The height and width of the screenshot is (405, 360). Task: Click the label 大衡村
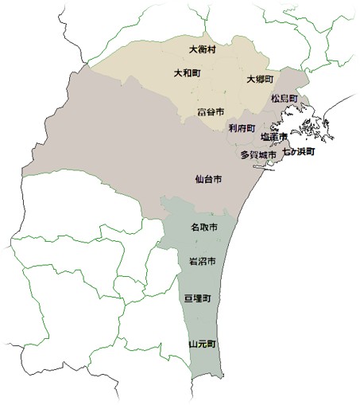click(x=203, y=50)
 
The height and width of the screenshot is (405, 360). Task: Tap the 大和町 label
click(x=188, y=73)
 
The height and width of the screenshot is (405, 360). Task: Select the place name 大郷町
click(x=260, y=80)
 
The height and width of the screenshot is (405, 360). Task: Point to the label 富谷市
click(x=211, y=111)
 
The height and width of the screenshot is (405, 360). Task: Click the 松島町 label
click(x=284, y=99)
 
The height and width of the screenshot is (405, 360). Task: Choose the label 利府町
click(x=241, y=127)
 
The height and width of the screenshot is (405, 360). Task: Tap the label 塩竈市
click(x=274, y=137)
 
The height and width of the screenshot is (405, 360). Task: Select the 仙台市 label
click(x=208, y=180)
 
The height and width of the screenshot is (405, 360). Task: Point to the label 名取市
click(x=204, y=228)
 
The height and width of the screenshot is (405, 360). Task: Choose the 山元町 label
click(x=202, y=345)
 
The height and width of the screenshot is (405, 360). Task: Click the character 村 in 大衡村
click(x=212, y=50)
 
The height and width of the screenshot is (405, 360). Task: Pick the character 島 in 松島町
click(x=284, y=99)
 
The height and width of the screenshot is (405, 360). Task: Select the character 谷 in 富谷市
click(x=211, y=111)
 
